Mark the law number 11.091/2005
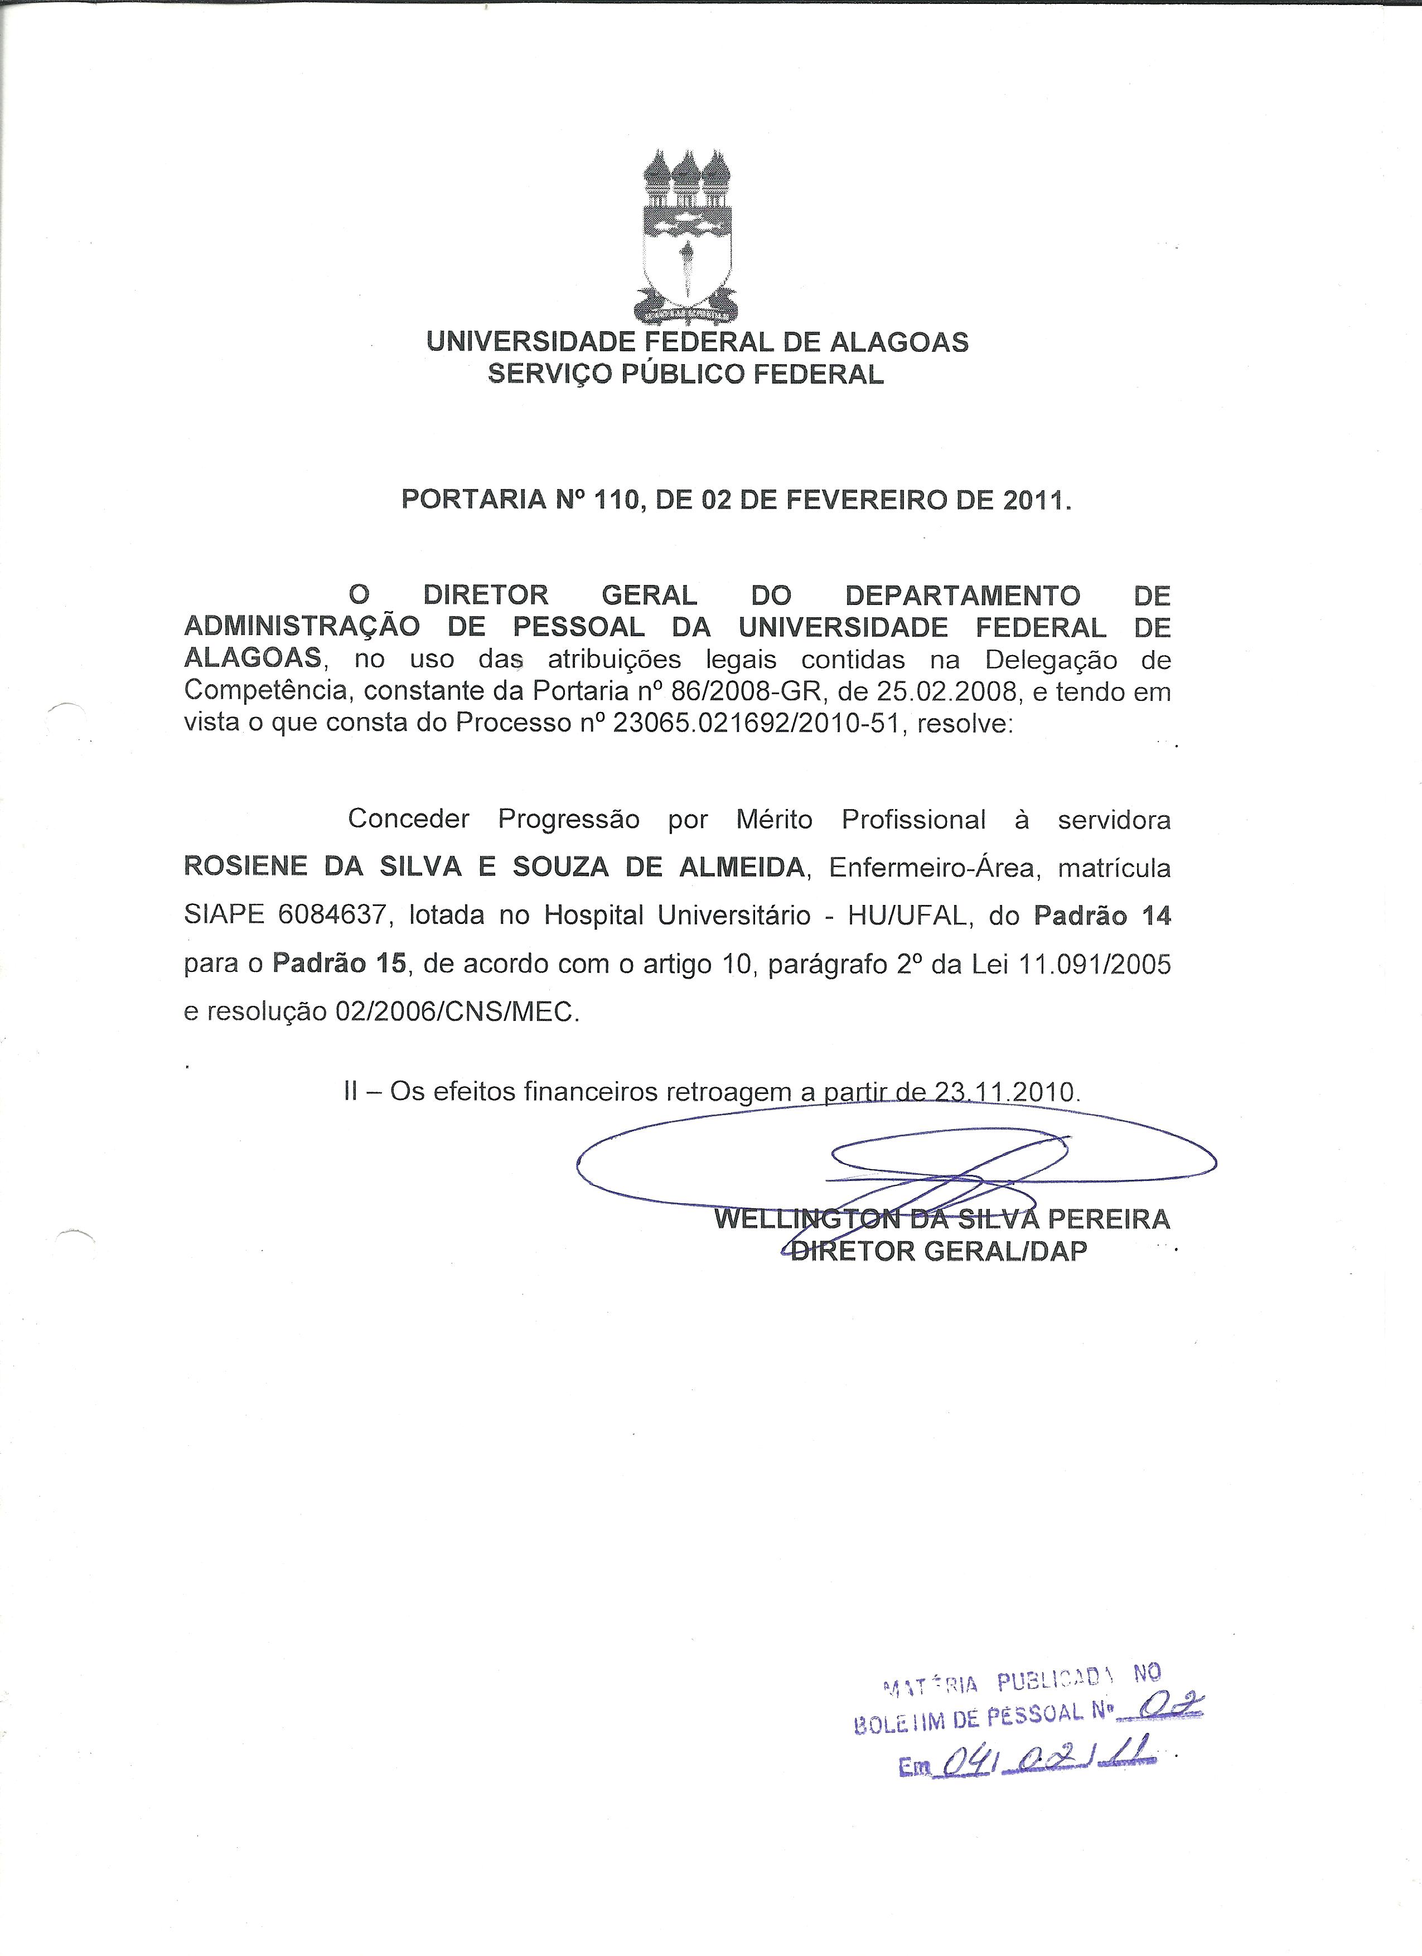(1094, 964)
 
